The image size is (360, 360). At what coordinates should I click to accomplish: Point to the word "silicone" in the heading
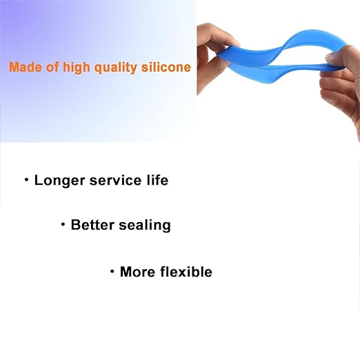point(165,68)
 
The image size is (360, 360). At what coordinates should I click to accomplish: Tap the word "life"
point(155,181)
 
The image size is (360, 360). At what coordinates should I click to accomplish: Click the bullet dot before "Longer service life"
point(26,181)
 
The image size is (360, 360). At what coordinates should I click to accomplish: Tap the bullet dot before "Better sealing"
point(63,225)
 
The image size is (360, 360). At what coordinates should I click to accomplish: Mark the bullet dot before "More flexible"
point(112,272)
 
